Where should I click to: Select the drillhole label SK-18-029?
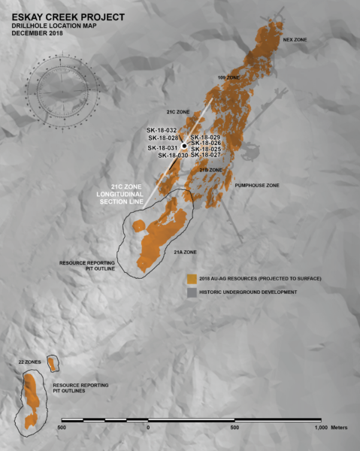[205, 138]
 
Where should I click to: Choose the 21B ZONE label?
[211, 171]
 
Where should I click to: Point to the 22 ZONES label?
[29, 362]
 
